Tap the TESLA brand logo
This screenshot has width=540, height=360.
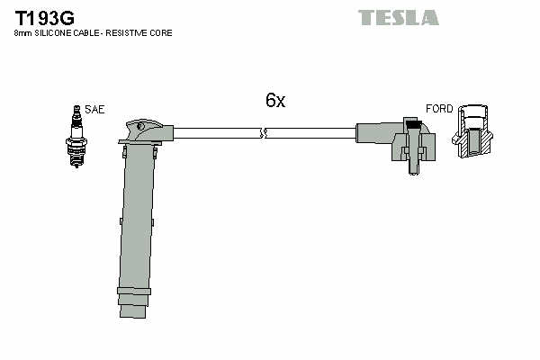coord(398,17)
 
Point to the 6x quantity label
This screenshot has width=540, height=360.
coord(274,102)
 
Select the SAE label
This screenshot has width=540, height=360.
coord(94,110)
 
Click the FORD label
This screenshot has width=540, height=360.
coord(439,110)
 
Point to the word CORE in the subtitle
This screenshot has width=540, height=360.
coord(161,33)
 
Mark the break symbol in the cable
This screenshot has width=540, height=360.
coord(262,134)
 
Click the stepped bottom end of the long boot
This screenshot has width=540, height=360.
coord(133,310)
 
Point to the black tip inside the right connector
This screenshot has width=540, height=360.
coord(413,123)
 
